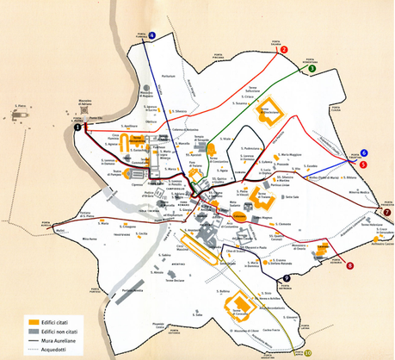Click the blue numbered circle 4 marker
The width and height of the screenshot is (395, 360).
coord(152,35)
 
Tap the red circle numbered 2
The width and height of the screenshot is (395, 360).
coord(282,49)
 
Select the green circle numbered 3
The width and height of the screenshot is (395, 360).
coord(312,67)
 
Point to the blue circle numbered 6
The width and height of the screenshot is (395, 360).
coord(364,152)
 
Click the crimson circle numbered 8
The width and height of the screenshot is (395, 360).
coord(349,266)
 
